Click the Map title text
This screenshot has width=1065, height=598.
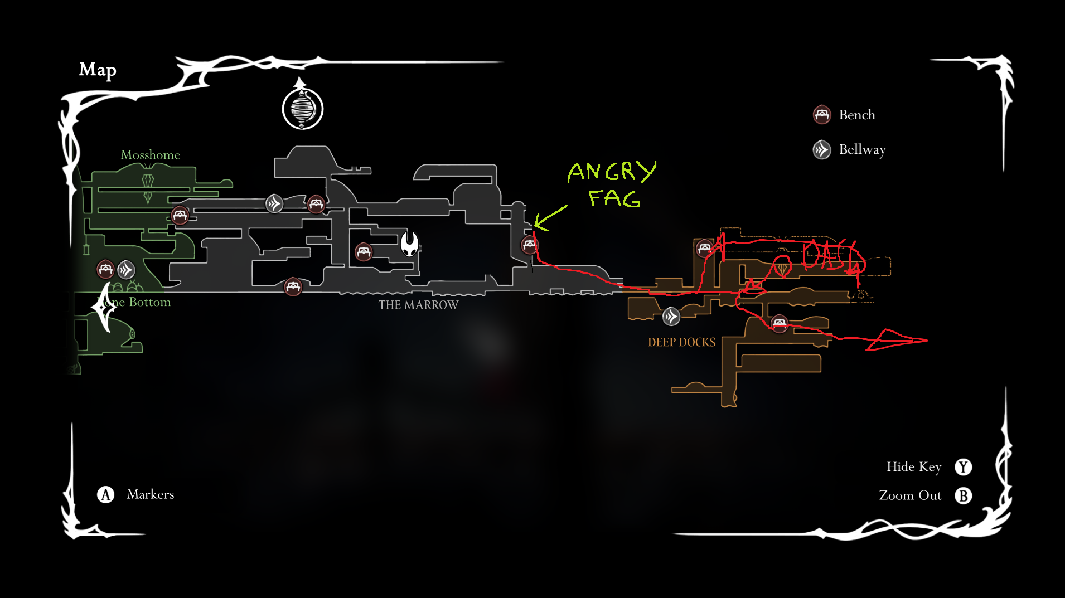pyautogui.click(x=98, y=70)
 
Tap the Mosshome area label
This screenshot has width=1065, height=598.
pyautogui.click(x=151, y=155)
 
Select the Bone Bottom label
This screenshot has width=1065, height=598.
pyautogui.click(x=139, y=302)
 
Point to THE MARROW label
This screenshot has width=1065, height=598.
pyautogui.click(x=418, y=305)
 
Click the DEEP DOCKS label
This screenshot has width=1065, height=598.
pyautogui.click(x=681, y=342)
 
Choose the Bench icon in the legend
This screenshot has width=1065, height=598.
pyautogui.click(x=822, y=115)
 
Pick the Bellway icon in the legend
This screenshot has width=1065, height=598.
pyautogui.click(x=822, y=149)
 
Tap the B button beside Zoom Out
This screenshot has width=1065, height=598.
pyautogui.click(x=963, y=495)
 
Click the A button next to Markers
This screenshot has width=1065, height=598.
pyautogui.click(x=106, y=494)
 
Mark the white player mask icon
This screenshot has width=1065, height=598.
pyautogui.click(x=410, y=244)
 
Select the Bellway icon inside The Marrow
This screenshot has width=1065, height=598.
pyautogui.click(x=274, y=203)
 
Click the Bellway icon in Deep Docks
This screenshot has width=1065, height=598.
pyautogui.click(x=671, y=317)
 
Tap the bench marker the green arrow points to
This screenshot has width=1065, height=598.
pyautogui.click(x=529, y=244)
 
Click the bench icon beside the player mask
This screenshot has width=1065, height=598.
pyautogui.click(x=364, y=252)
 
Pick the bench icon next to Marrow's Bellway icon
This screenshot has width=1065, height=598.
pyautogui.click(x=316, y=204)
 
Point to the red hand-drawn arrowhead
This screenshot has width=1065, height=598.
pyautogui.click(x=895, y=340)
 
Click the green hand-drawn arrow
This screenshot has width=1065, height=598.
pyautogui.click(x=549, y=218)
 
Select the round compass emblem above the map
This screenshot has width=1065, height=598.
pyautogui.click(x=303, y=108)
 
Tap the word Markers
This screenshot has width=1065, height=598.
pyautogui.click(x=151, y=494)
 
